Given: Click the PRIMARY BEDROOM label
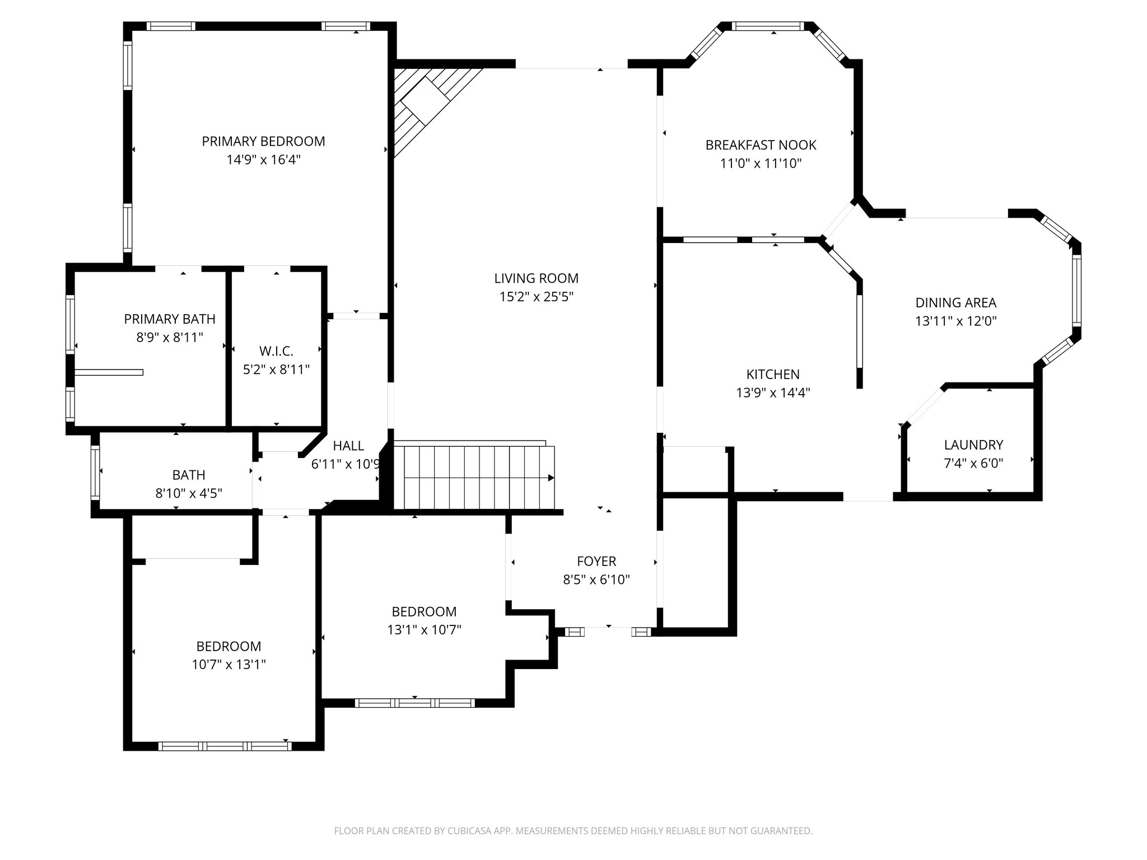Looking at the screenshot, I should click(x=263, y=141).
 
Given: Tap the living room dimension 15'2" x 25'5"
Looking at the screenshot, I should click(x=536, y=297).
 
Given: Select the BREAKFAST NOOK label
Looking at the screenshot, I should click(x=761, y=145).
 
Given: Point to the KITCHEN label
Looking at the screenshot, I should click(x=773, y=374).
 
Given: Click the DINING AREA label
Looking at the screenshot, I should click(x=955, y=303).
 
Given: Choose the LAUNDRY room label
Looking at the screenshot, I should click(x=973, y=445).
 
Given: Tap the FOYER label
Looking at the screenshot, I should click(x=596, y=561).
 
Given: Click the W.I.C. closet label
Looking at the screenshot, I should click(x=276, y=351).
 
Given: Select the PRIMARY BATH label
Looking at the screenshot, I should click(x=170, y=319).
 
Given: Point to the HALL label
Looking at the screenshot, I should click(x=348, y=446).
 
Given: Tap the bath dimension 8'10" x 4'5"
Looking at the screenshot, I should click(x=189, y=493).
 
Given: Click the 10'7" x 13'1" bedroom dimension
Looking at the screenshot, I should click(x=229, y=665).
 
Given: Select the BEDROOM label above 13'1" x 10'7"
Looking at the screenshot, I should click(x=424, y=611).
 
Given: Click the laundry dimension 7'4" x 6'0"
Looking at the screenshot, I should click(x=973, y=464).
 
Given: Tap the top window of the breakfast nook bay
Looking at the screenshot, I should click(x=767, y=26).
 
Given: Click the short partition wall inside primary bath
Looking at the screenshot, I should click(x=109, y=372).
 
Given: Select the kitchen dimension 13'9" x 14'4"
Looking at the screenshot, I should click(x=773, y=392).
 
